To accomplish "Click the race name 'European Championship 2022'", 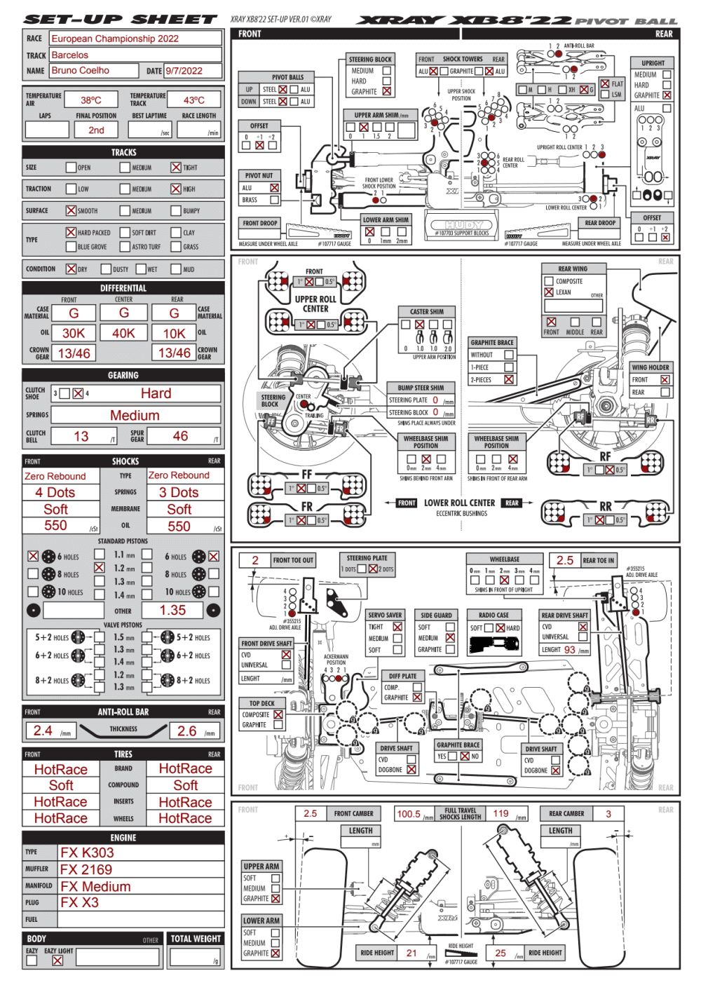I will (115, 39).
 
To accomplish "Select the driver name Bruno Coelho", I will (81, 70).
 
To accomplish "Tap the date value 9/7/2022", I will (184, 71).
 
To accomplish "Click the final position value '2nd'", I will (97, 130).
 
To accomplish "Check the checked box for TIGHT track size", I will (176, 168).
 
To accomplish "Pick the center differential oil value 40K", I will (123, 333).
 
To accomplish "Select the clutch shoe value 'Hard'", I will (156, 393).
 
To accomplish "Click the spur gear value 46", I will (180, 436).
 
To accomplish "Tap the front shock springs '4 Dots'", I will (55, 492).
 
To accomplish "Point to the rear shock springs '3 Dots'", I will (179, 492).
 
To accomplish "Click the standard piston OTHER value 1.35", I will (172, 610).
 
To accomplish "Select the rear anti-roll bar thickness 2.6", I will (186, 731).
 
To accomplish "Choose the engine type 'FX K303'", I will (87, 852).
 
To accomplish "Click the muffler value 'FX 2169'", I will (86, 869).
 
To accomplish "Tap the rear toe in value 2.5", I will (565, 560).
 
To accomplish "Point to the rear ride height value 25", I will (501, 953).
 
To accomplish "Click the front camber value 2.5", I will (311, 813).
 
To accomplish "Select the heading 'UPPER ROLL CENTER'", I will (315, 304).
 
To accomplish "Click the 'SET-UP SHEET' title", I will (121, 20).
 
